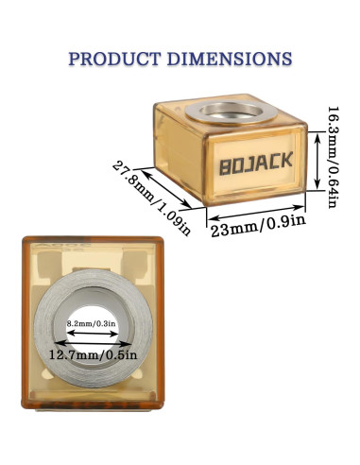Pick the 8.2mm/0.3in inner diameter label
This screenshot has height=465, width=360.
click(x=90, y=324)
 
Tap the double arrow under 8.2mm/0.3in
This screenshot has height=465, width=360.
click(x=90, y=334)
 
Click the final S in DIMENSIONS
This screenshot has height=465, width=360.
click(x=284, y=59)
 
